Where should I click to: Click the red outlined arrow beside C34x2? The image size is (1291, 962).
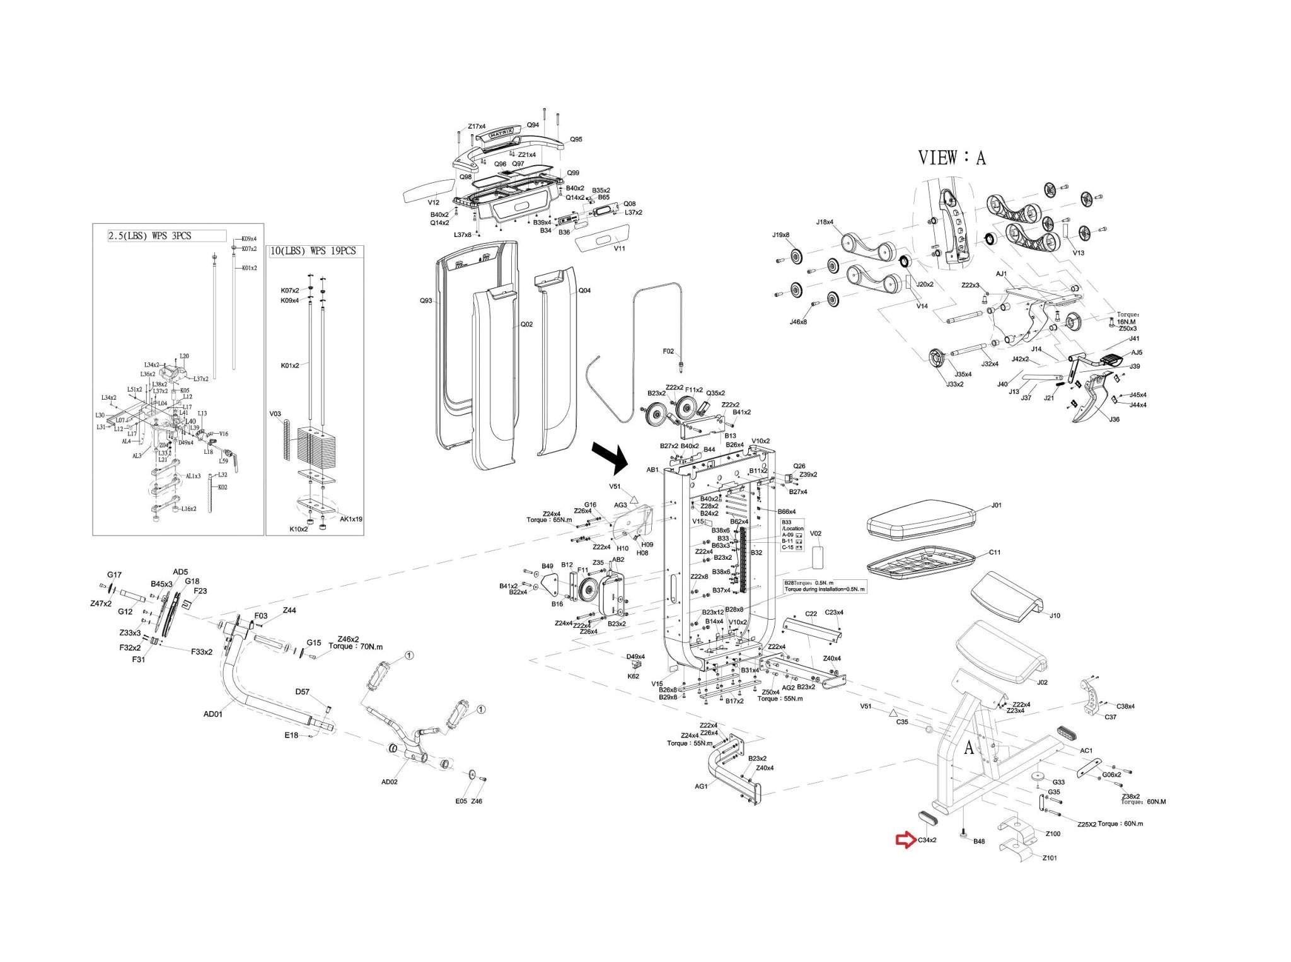906,840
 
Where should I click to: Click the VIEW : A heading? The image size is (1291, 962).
951,158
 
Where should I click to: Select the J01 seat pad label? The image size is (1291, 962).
996,505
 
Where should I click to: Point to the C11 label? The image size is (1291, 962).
995,552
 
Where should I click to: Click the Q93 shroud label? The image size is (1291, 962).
426,301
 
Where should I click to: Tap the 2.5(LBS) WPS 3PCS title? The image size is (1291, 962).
149,236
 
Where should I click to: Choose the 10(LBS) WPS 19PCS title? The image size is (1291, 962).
313,251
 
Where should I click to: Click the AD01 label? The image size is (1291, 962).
213,714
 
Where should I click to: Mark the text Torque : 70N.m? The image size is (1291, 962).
356,647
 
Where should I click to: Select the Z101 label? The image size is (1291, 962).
1050,857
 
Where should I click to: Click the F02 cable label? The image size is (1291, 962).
668,352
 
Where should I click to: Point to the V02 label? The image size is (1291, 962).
815,533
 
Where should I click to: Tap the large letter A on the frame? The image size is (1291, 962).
969,748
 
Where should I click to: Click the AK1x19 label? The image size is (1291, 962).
351,519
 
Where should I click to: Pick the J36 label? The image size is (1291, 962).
1114,419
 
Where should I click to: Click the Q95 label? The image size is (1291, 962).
576,139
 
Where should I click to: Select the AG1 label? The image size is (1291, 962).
701,786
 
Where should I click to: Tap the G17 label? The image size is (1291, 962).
114,575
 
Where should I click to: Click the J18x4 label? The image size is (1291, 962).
825,222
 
